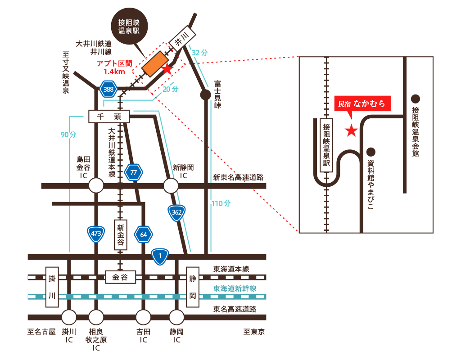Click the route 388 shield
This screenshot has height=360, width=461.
coord(108,89)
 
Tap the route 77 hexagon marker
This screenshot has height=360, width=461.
coord(133,172)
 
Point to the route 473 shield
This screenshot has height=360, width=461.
coord(96,234)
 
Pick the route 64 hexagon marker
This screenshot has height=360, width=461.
coord(144,234)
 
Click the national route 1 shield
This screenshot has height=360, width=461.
coord(160,256)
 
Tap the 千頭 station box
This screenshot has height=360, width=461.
coord(109,117)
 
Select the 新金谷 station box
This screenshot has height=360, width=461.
coord(121,234)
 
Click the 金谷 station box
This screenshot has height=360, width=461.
coord(120,277)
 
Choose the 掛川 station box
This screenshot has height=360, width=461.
coord(53,287)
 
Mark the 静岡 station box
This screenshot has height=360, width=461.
coord(193,287)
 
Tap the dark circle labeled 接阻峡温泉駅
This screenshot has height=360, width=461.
coord(132,26)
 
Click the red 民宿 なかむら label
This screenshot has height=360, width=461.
coord(362,103)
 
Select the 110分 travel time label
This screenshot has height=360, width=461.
coord(221,203)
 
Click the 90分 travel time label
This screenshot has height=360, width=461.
coord(68,135)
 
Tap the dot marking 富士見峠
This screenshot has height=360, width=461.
coord(205,95)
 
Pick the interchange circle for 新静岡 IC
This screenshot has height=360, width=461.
coord(171,185)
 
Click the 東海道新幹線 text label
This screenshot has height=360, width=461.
coord(235,288)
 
